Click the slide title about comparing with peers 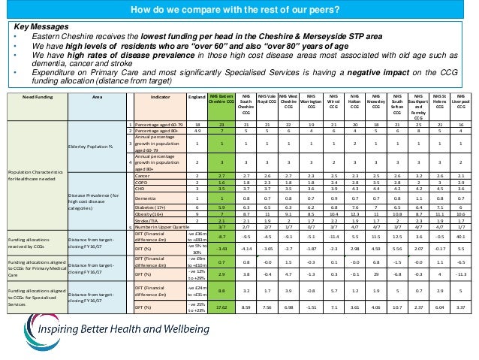point(239,9)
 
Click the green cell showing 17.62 point(221,307)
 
